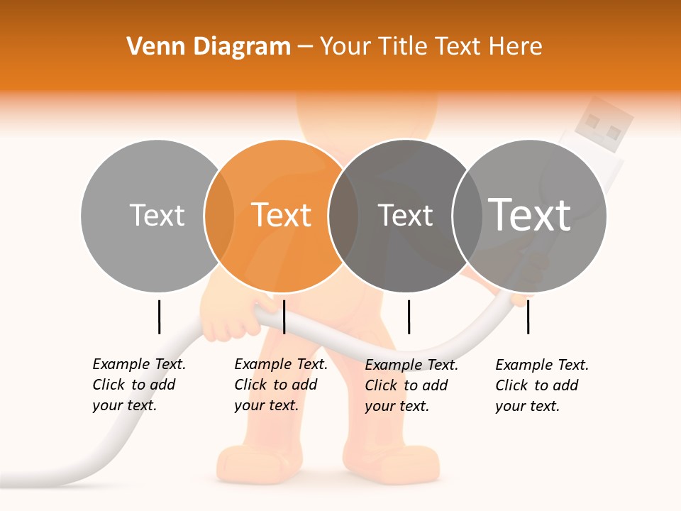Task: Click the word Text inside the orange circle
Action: (x=282, y=215)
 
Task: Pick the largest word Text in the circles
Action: (x=530, y=214)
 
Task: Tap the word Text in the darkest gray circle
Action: (x=405, y=215)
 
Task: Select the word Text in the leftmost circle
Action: (x=157, y=215)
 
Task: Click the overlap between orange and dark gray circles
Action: (x=343, y=216)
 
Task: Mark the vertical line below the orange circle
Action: (x=284, y=317)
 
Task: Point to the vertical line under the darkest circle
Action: (x=409, y=317)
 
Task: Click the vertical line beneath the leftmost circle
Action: (x=159, y=317)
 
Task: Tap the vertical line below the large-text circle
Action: (x=528, y=317)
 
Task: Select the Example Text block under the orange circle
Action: (x=280, y=385)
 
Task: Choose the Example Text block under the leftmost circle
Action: (x=138, y=385)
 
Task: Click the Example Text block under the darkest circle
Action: (x=411, y=385)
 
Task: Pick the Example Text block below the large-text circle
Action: (x=541, y=385)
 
